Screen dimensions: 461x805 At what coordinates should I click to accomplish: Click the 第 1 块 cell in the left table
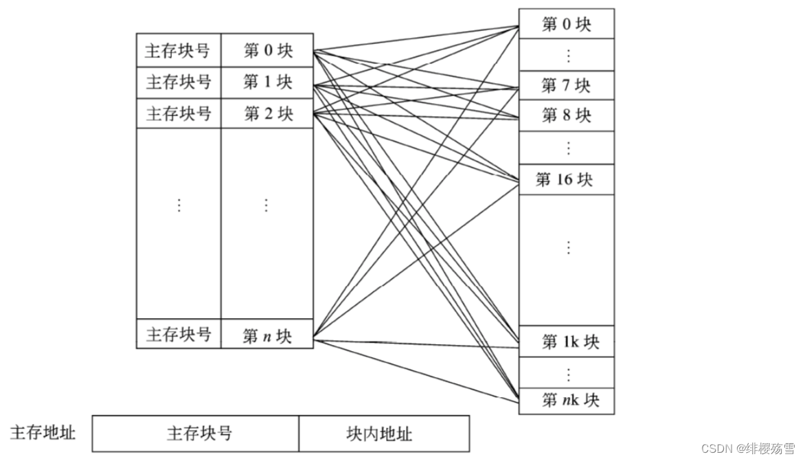point(267,82)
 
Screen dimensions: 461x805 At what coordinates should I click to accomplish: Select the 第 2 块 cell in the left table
point(267,113)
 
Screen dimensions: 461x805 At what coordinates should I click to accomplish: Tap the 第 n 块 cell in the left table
point(267,335)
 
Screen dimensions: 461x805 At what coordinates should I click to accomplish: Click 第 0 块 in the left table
point(267,51)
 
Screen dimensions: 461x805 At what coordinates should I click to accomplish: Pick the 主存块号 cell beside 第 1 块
point(179,82)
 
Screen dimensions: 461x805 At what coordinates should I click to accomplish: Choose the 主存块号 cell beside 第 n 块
point(179,335)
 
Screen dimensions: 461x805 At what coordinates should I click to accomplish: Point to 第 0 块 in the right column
point(566,25)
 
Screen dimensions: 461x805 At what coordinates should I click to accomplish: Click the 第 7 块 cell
point(566,85)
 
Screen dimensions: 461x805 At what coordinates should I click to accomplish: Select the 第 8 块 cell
point(566,115)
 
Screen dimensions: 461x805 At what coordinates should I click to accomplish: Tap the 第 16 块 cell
point(566,180)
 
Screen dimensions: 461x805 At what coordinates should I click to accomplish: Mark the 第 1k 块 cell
point(566,341)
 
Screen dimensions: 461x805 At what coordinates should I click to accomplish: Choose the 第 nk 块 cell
point(566,400)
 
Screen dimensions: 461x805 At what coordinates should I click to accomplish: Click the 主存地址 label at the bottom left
point(43,433)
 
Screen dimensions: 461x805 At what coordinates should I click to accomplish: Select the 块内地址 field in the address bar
point(383,434)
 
